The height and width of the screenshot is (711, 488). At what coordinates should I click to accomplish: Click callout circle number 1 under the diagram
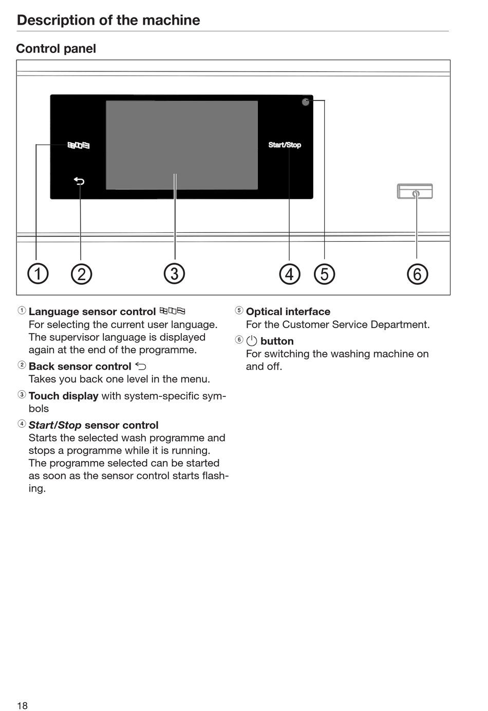[x=37, y=274]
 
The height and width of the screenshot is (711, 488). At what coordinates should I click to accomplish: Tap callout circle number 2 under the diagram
[x=81, y=274]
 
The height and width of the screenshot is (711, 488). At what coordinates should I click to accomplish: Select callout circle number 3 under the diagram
[x=175, y=274]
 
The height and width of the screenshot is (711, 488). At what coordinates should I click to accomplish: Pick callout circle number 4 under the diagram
[x=289, y=274]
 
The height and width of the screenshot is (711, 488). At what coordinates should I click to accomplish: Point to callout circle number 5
[x=324, y=274]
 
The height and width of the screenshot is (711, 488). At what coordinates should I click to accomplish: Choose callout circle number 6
[x=417, y=274]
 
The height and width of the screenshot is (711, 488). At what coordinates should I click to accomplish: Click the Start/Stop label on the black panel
[x=285, y=145]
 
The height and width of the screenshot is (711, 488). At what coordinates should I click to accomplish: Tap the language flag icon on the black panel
[x=79, y=145]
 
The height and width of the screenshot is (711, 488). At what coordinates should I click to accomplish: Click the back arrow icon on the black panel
[x=79, y=181]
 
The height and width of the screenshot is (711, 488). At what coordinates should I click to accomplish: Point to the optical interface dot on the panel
[x=306, y=102]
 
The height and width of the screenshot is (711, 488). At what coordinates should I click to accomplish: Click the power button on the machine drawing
[x=415, y=192]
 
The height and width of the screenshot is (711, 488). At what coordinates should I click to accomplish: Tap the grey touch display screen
[x=182, y=145]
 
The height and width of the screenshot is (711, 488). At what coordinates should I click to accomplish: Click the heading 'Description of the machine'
[x=108, y=20]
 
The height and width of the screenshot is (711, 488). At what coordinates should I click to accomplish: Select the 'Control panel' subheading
[x=56, y=49]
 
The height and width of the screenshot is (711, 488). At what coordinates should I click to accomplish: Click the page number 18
[x=22, y=705]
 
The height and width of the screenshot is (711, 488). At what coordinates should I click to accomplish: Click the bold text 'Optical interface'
[x=288, y=312]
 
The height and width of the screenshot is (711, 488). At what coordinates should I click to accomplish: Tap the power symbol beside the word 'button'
[x=252, y=341]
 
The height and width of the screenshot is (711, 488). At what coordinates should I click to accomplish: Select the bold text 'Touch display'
[x=63, y=396]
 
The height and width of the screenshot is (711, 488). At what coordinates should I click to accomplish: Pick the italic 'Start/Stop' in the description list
[x=55, y=425]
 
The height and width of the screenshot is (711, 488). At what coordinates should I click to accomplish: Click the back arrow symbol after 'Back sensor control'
[x=141, y=366]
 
